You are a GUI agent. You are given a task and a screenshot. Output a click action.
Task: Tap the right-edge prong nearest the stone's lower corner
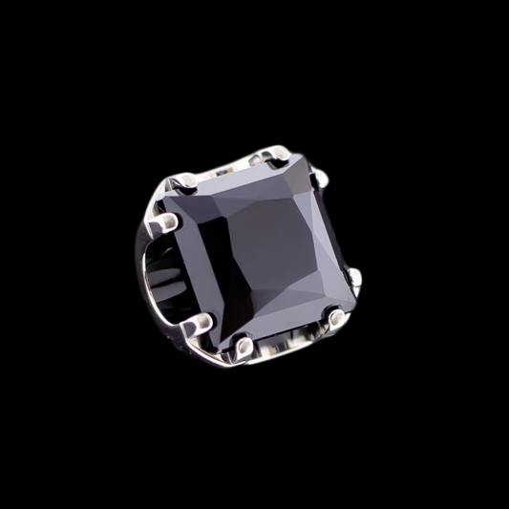click(354, 277)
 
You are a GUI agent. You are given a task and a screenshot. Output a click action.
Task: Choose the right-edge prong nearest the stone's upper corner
click(322, 177)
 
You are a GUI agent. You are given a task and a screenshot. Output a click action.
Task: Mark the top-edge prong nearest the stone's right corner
click(276, 153)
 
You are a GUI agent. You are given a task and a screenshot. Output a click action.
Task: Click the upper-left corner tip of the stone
click(162, 196)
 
